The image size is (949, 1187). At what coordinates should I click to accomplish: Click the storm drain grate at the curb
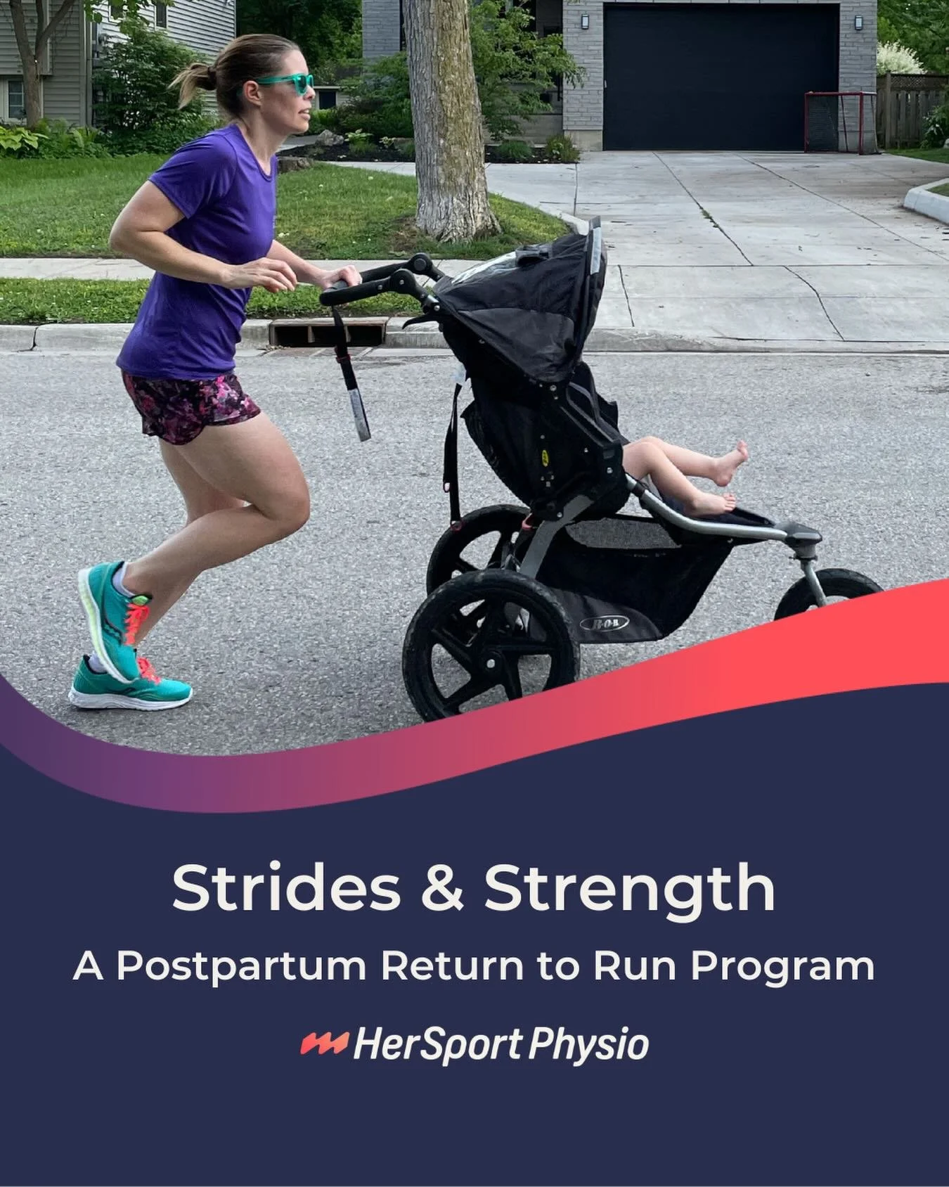[x=328, y=331]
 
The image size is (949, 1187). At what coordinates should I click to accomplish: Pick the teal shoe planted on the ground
[x=130, y=686]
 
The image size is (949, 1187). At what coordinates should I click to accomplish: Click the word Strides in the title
[x=286, y=888]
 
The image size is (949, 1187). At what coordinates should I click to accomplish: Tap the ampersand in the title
[x=439, y=888]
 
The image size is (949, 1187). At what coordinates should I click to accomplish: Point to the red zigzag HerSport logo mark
[x=324, y=1044]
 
